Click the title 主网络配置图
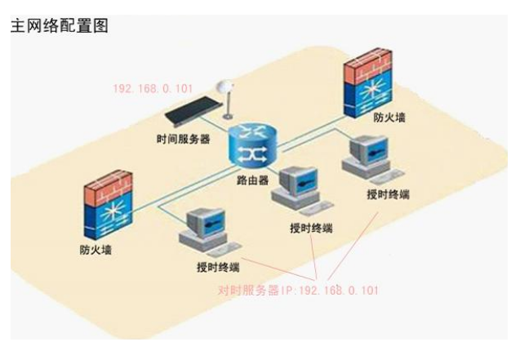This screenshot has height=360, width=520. coord(58,25)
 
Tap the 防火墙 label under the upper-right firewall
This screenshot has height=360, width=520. coord(391,117)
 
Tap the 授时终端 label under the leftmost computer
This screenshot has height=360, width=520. coord(218,267)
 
